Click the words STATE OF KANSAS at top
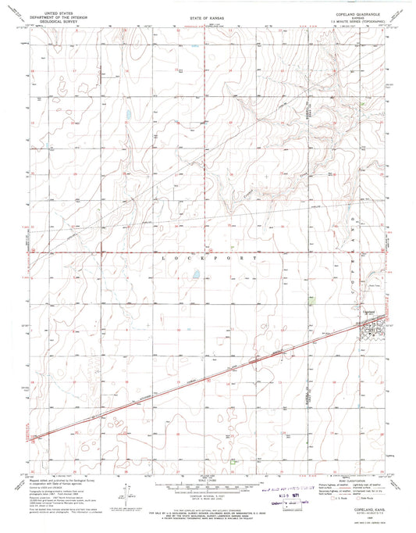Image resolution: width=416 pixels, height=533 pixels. pos(204,17)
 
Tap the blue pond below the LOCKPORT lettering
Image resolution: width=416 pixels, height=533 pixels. pos(196,274)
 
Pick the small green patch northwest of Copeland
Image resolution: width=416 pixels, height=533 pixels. pos(312,298)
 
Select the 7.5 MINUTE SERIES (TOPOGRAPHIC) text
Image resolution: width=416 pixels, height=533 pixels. pos(359,22)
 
